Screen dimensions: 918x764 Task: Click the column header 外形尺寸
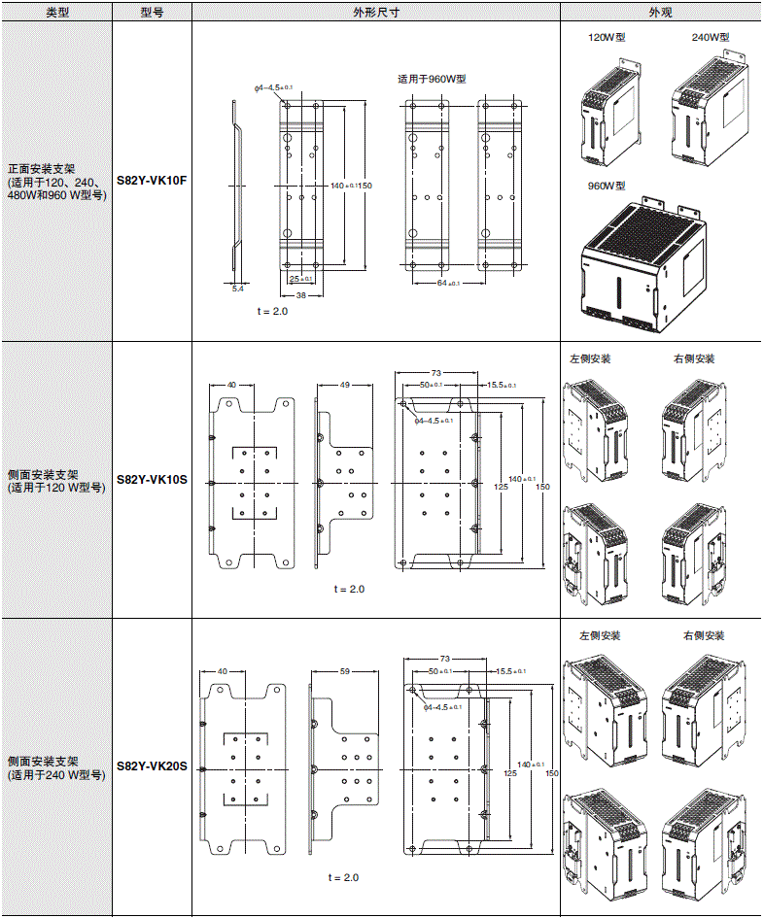(375, 13)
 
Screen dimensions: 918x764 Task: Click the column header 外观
(661, 13)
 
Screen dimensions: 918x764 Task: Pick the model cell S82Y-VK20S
(151, 767)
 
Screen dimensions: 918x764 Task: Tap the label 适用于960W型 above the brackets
(432, 80)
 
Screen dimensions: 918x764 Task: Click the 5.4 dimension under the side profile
(238, 289)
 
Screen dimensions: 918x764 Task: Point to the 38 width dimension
(300, 294)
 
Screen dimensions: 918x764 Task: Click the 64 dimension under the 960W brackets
(442, 284)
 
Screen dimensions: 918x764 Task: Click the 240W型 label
(710, 38)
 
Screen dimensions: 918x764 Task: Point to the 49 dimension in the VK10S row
(344, 385)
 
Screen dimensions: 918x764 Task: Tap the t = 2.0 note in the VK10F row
(272, 312)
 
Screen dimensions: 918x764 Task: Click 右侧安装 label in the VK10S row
(693, 359)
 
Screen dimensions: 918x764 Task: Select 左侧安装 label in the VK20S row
(599, 636)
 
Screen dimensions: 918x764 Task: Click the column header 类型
(57, 13)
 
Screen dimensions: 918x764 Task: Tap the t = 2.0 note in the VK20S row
(343, 877)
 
